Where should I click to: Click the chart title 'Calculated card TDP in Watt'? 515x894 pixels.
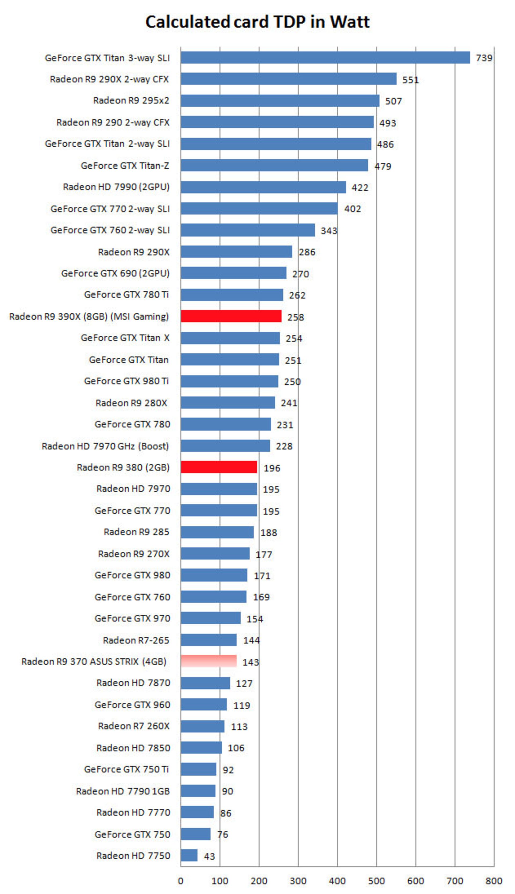257,22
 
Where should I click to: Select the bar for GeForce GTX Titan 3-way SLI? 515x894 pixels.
325,58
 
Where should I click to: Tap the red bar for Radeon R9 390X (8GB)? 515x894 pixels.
231,316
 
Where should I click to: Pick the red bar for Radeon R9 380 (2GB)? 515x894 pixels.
219,467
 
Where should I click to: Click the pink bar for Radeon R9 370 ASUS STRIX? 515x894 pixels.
208,661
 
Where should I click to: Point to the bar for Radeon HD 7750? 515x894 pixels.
189,855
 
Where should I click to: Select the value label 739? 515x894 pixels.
484,58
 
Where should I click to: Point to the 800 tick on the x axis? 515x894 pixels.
494,881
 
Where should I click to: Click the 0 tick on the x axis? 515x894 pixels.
181,881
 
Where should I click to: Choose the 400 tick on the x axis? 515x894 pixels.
337,881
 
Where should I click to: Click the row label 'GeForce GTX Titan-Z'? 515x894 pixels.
125,165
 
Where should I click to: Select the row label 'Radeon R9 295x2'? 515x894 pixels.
131,101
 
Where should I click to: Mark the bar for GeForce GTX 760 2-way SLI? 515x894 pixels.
248,230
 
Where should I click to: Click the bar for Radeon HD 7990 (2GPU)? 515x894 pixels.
263,187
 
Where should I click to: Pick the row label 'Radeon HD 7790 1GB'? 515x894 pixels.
123,791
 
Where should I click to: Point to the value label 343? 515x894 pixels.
329,231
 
